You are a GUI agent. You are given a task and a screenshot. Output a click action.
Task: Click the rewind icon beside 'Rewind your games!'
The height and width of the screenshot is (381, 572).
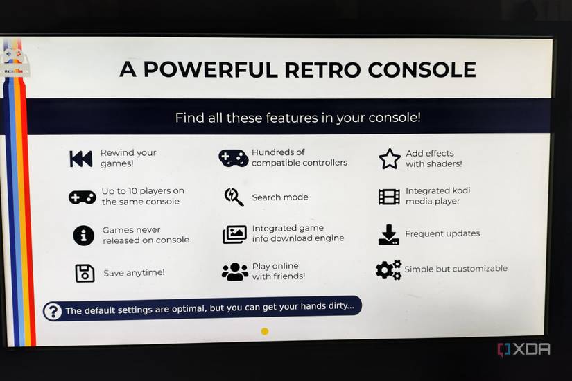tap(80, 159)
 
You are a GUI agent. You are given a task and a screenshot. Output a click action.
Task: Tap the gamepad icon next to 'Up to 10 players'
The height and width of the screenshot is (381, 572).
tap(82, 197)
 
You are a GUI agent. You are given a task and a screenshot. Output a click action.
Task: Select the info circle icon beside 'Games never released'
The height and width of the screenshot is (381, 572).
tap(83, 236)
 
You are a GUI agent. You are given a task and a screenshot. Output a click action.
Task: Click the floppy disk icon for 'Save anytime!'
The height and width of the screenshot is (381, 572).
tap(85, 273)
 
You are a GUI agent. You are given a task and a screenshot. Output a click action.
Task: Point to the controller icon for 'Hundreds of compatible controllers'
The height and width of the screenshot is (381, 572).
tap(233, 158)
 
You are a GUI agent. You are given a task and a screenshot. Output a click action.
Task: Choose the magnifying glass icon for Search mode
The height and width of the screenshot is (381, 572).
tap(234, 197)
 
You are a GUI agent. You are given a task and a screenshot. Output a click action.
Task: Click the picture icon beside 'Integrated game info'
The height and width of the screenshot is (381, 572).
tap(234, 234)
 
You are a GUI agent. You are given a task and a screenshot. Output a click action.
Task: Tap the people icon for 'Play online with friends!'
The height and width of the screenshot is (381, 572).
tap(235, 272)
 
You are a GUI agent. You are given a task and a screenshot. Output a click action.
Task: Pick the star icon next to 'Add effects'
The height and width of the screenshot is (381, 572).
tap(390, 159)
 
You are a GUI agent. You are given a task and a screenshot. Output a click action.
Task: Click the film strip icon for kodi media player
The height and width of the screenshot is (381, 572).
tap(389, 197)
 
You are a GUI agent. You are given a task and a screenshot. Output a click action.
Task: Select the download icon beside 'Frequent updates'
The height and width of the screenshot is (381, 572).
tap(389, 234)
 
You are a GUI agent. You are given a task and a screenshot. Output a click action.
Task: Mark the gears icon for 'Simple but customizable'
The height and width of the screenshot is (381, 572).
tap(388, 269)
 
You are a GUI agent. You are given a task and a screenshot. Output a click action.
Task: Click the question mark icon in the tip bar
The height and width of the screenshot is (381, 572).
tap(53, 311)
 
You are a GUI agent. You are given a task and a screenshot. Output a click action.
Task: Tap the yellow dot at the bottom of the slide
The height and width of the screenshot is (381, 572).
tap(264, 331)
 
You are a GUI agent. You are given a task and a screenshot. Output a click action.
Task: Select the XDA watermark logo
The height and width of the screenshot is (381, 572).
tap(523, 349)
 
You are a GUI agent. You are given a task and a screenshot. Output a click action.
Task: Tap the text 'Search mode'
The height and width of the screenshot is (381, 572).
tap(280, 197)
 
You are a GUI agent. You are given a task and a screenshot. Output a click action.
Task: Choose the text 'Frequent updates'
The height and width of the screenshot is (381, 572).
tap(442, 234)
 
